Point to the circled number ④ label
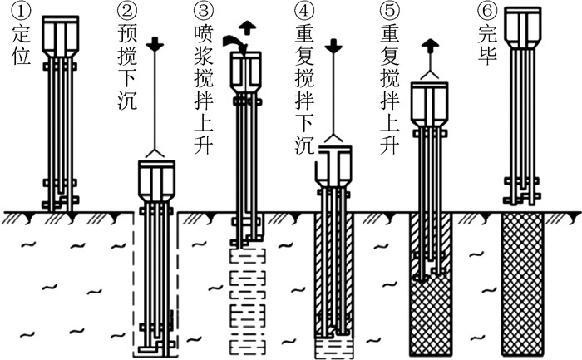click(x=303, y=12)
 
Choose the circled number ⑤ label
click(x=387, y=12)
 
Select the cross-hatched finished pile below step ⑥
click(x=522, y=283)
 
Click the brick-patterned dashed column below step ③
click(x=248, y=299)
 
